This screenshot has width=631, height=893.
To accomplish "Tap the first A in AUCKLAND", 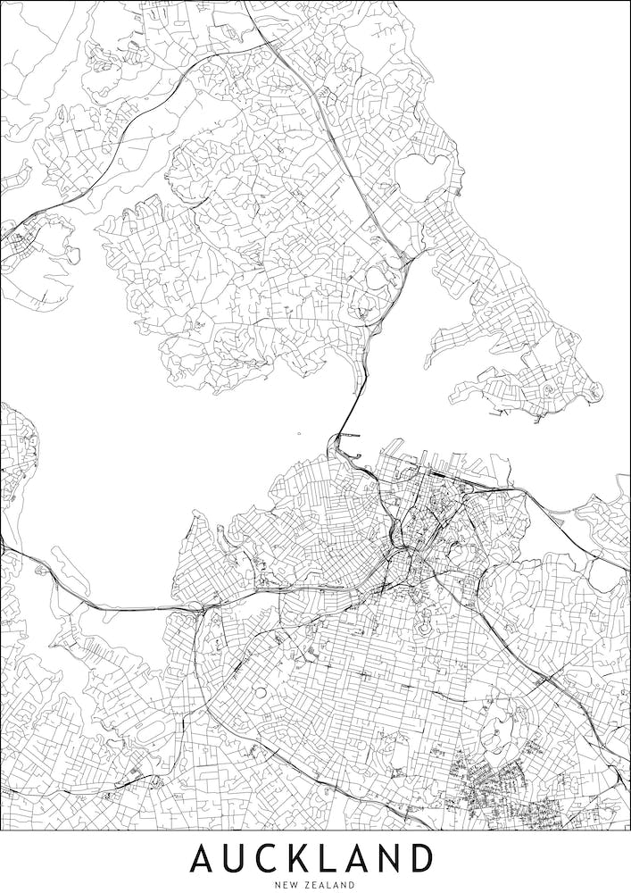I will (203, 858).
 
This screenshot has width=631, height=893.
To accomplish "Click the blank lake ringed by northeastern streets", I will (422, 177).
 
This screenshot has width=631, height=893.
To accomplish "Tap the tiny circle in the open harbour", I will (299, 436).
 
